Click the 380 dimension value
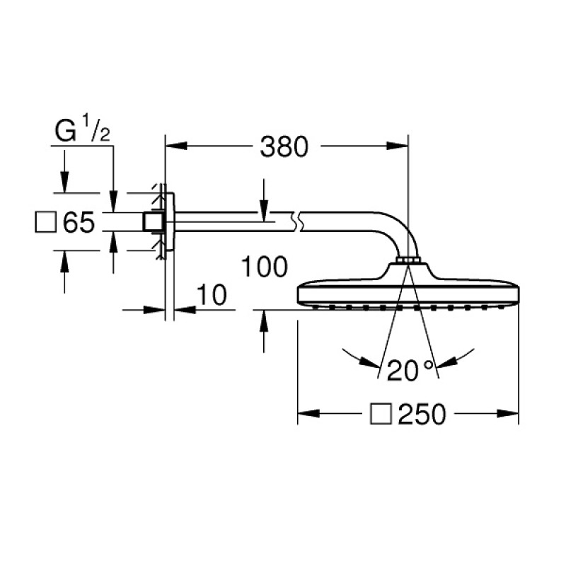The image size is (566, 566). pos(284,147)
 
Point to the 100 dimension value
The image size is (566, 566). pos(264,267)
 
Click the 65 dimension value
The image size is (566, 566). pos(79,224)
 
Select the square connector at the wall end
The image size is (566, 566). pos(150,221)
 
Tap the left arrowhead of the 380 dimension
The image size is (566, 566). pos(173,147)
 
